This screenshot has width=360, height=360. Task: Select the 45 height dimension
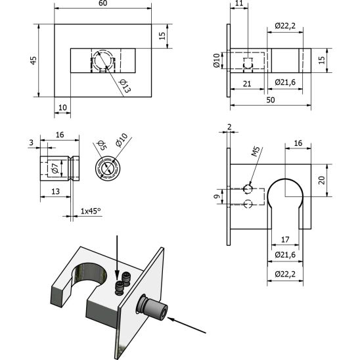34,60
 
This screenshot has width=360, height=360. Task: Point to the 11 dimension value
238,4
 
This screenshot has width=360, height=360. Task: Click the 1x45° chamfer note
91,211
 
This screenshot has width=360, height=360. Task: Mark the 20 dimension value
322,179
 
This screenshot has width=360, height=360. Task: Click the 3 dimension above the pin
30,141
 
